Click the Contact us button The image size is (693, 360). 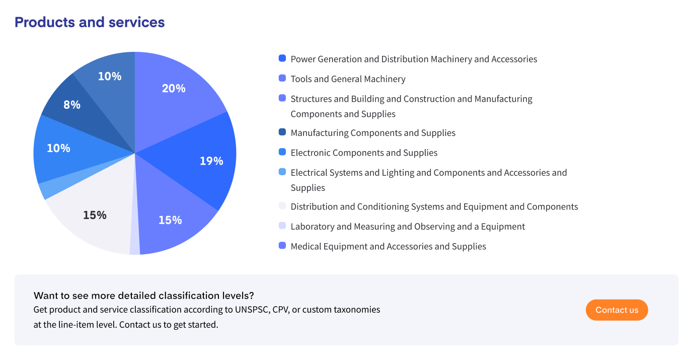point(617,310)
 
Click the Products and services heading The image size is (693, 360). point(90,22)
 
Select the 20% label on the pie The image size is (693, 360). point(174,89)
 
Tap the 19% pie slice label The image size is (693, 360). point(211,161)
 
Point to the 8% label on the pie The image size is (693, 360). point(72,105)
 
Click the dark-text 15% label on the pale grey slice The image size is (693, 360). point(95,215)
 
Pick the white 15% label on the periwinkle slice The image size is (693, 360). point(170,220)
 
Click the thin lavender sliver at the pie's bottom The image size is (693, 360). point(134,247)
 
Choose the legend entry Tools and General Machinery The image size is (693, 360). point(348,79)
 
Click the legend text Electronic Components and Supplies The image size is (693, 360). point(364,153)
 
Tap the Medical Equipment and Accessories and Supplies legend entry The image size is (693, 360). point(388,246)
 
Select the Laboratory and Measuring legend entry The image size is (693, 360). point(408,227)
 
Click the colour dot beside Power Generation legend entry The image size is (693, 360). point(282,58)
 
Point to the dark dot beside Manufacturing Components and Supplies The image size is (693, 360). point(282,132)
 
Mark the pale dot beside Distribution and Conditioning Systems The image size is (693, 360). point(282,206)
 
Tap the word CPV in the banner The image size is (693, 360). point(280,309)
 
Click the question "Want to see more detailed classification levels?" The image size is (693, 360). point(144,295)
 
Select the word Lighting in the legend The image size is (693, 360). point(398,173)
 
